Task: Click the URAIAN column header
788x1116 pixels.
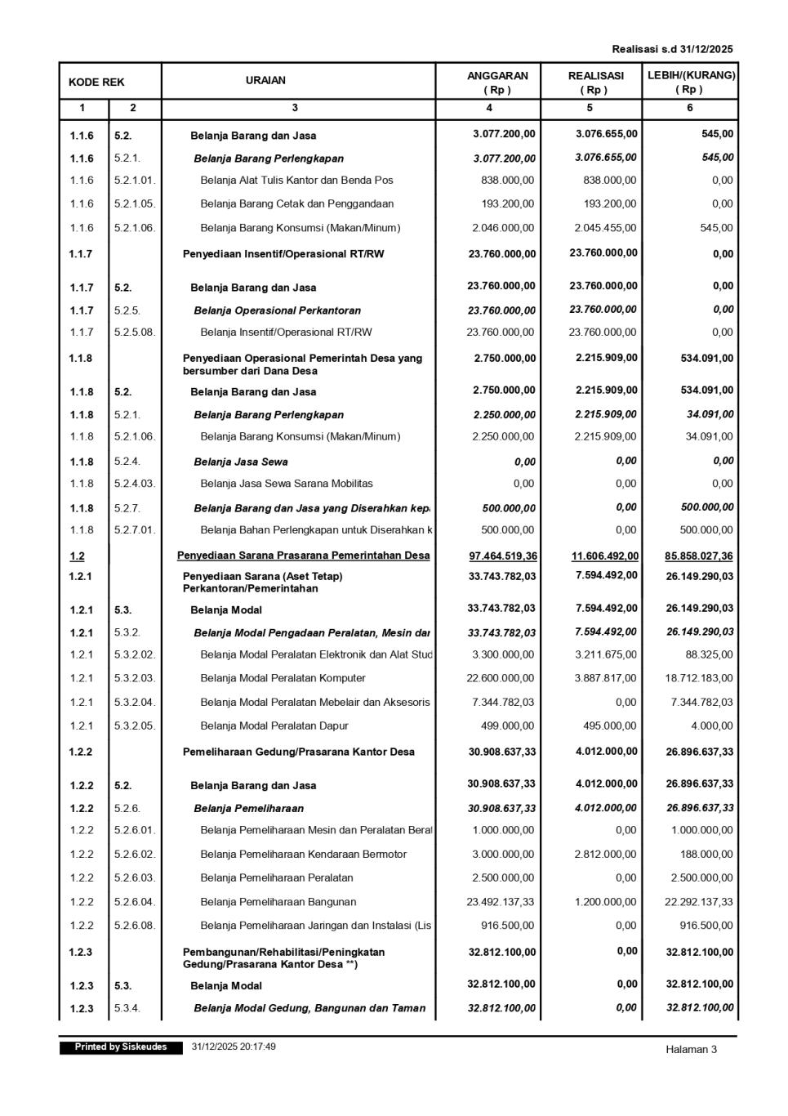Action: pyautogui.click(x=265, y=81)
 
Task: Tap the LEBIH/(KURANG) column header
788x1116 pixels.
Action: pyautogui.click(x=691, y=82)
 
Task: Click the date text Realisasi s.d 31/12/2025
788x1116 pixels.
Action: pyautogui.click(x=672, y=49)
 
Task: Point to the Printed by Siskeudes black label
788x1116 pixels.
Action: pyautogui.click(x=121, y=1047)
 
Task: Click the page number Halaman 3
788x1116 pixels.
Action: pyautogui.click(x=691, y=1050)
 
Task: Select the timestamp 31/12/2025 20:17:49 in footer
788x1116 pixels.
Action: pyautogui.click(x=234, y=1047)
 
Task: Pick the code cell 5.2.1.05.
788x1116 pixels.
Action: pyautogui.click(x=135, y=204)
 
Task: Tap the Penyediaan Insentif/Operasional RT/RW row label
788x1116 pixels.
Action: pyautogui.click(x=283, y=254)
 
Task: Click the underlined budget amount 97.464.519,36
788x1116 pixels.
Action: pyautogui.click(x=503, y=556)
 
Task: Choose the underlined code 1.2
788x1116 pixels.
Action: pyautogui.click(x=77, y=556)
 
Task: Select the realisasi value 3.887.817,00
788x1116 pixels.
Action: pyautogui.click(x=605, y=678)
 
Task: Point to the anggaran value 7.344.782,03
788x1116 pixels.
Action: pyautogui.click(x=503, y=702)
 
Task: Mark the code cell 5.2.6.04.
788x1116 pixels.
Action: pyautogui.click(x=135, y=902)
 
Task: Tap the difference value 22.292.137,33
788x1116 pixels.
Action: pyautogui.click(x=699, y=902)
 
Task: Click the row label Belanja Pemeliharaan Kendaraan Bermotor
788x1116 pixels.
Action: pyautogui.click(x=303, y=855)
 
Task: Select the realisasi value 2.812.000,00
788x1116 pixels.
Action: pyautogui.click(x=605, y=855)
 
